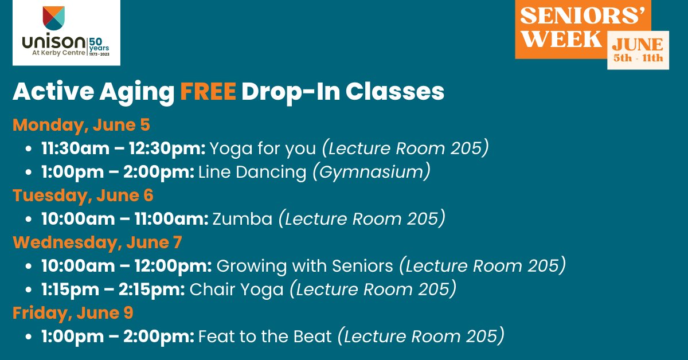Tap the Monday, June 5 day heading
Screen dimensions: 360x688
(x=81, y=125)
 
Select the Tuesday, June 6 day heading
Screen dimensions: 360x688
(x=83, y=195)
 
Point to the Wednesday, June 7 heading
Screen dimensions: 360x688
(x=97, y=242)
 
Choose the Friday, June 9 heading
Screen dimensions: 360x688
(x=73, y=313)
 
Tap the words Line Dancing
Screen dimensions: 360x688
(x=252, y=172)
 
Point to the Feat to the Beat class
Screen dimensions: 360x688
(x=265, y=336)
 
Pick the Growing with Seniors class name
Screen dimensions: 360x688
(x=305, y=266)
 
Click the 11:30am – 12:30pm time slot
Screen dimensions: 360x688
(x=123, y=148)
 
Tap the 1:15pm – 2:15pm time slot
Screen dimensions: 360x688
(x=112, y=289)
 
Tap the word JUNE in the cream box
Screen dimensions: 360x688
(x=638, y=45)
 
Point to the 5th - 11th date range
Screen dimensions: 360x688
(x=638, y=58)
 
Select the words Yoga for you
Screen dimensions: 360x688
(x=263, y=148)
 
